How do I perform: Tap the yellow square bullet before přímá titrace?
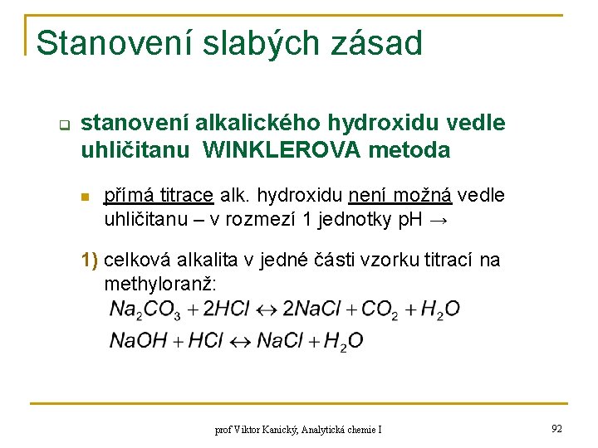click(x=85, y=197)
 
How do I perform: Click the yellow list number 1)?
click(x=90, y=261)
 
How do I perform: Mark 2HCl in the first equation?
click(x=226, y=310)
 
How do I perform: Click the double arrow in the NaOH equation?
click(x=239, y=341)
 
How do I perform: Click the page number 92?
click(x=556, y=428)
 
